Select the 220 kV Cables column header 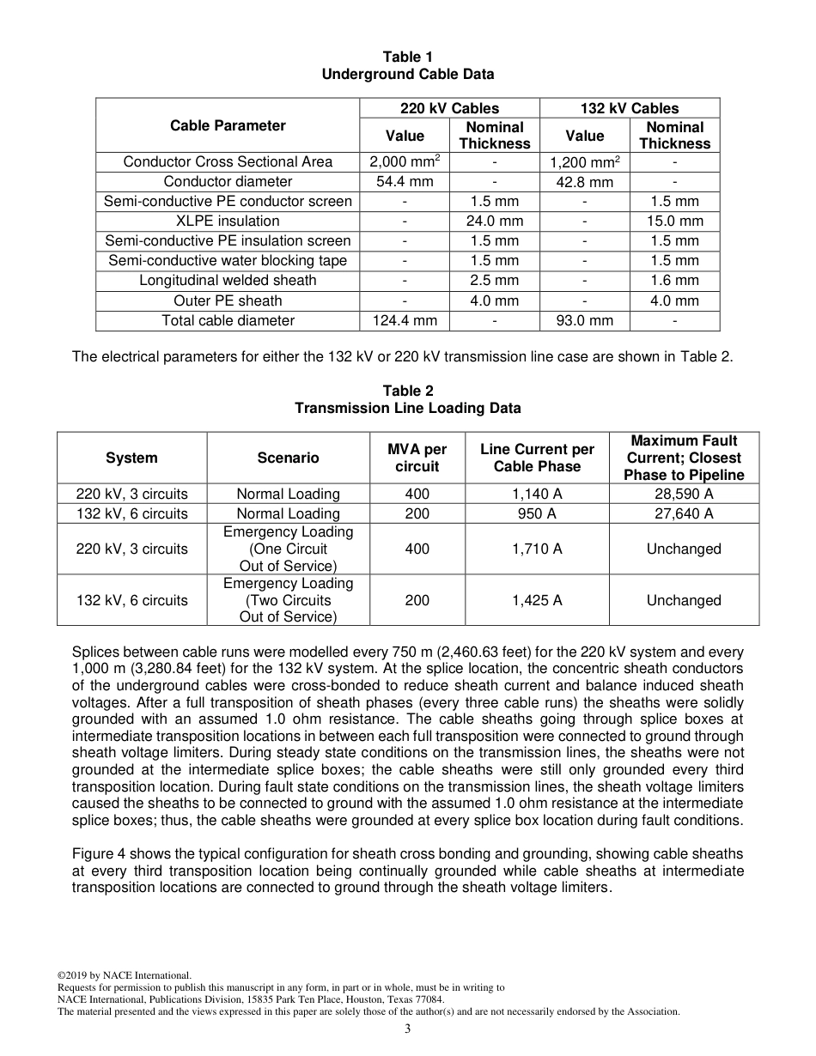449,108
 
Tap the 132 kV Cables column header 630,108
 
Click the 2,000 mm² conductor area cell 405,161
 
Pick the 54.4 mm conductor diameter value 405,181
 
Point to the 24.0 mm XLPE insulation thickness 495,221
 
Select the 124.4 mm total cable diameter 405,320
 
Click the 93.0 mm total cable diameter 584,320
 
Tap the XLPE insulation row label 228,221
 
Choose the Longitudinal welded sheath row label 228,281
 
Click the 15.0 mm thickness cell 674,221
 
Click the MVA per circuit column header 417,458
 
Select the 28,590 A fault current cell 684,494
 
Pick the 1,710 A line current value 537,549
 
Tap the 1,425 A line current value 537,600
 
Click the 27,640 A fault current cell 684,513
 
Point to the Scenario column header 288,458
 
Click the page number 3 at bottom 407,1029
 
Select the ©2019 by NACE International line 124,975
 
